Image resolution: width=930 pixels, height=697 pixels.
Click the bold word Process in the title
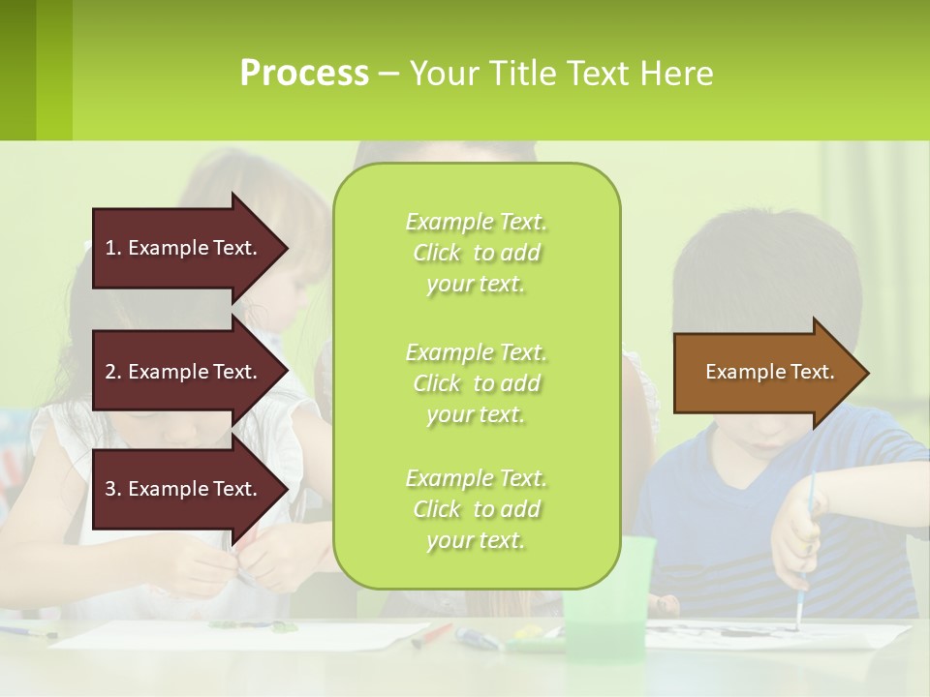304,74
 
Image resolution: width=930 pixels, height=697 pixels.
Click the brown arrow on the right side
765,372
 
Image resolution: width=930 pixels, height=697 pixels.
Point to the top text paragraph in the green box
476,253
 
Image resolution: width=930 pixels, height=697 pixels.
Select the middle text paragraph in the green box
476,383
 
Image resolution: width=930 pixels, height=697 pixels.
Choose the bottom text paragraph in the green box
476,509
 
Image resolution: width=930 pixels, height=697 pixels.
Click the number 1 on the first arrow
110,248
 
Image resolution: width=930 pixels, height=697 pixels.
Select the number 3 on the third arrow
110,489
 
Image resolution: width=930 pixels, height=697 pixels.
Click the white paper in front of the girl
242,635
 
